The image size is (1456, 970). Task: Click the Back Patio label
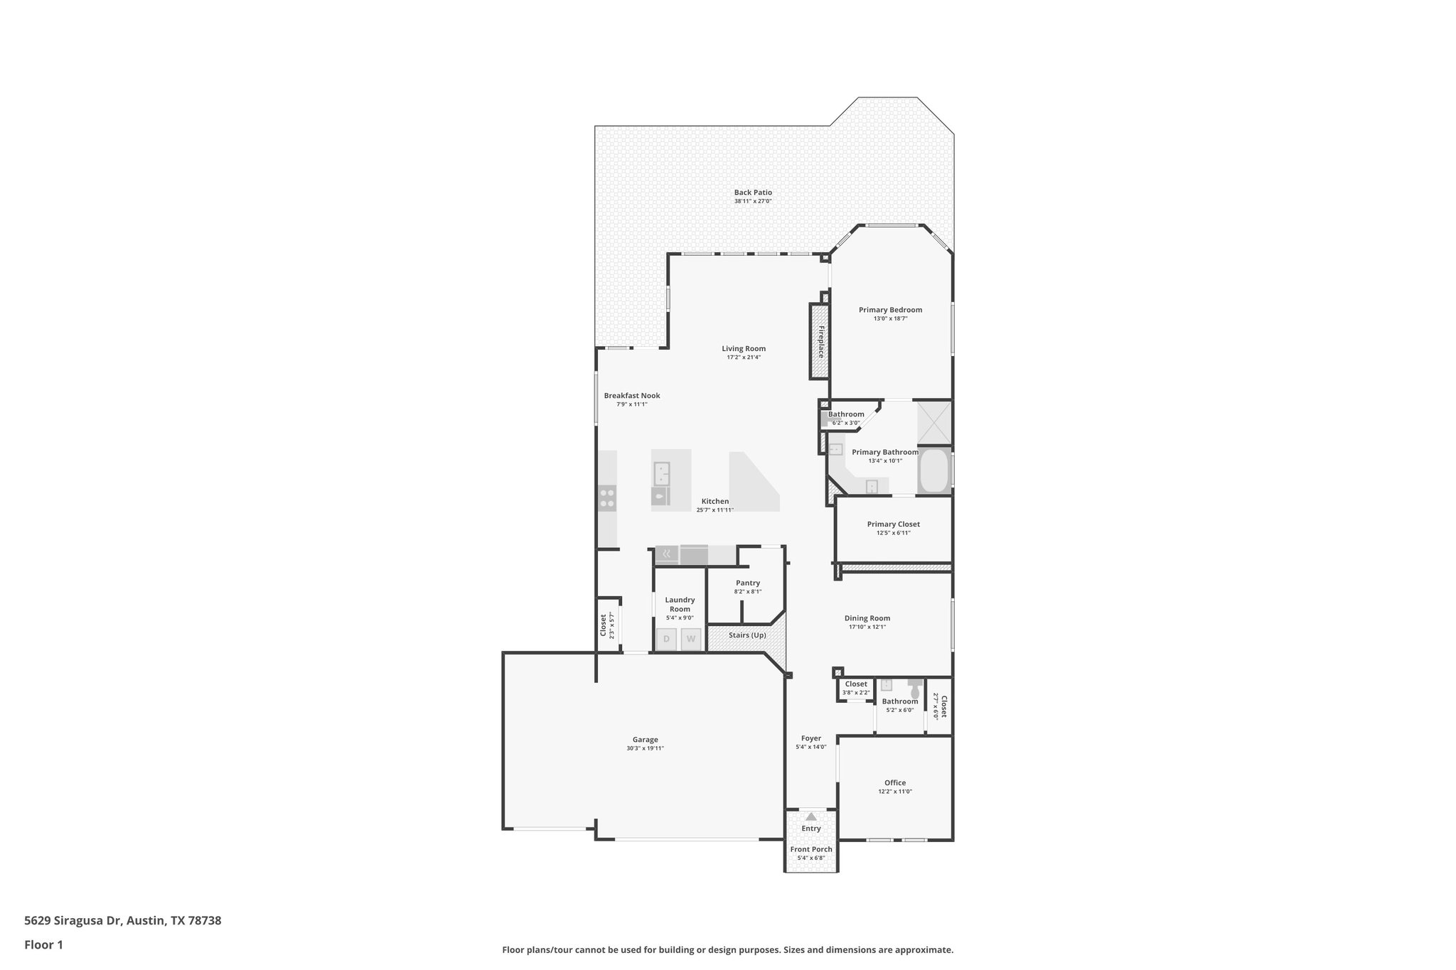point(753,193)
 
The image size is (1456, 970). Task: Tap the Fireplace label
point(820,341)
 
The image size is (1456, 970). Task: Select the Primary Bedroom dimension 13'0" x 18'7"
point(890,319)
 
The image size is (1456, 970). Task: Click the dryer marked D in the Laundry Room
point(667,639)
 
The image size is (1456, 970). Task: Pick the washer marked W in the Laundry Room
point(691,639)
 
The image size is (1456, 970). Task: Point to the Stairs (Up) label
point(747,635)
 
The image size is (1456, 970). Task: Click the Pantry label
point(748,583)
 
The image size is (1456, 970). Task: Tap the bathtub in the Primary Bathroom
point(934,471)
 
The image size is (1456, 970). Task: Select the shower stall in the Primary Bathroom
point(933,422)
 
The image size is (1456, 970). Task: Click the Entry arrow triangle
point(811,817)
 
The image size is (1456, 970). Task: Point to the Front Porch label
point(811,849)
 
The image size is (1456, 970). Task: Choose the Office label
point(895,783)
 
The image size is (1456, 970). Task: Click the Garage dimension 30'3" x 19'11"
point(646,748)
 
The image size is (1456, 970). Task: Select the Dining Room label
point(867,618)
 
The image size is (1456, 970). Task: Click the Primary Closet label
point(893,524)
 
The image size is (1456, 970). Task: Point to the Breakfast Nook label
point(632,396)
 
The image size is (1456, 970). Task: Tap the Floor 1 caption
point(43,945)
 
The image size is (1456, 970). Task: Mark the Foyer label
point(811,738)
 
